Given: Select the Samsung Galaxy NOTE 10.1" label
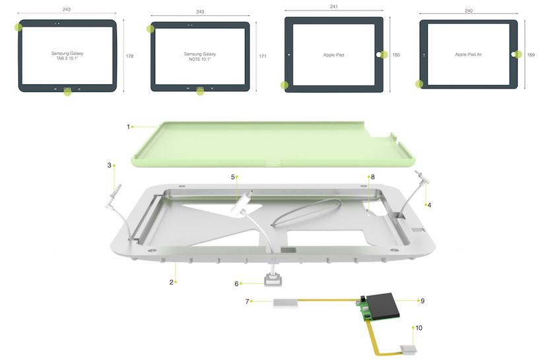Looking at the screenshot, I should pyautogui.click(x=200, y=57).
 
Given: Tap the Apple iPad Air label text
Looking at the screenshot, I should pyautogui.click(x=468, y=55).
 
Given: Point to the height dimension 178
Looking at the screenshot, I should pyautogui.click(x=129, y=56).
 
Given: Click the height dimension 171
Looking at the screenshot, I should pyautogui.click(x=262, y=56).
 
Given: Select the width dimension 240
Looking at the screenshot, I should pyautogui.click(x=469, y=11).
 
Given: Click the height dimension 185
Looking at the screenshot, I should pyautogui.click(x=396, y=55).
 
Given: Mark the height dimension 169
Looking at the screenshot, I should pyautogui.click(x=531, y=55).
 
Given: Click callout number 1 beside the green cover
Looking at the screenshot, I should pyautogui.click(x=128, y=126).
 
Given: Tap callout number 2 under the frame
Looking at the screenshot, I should pyautogui.click(x=172, y=282).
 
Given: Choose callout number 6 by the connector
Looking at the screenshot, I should pyautogui.click(x=237, y=284).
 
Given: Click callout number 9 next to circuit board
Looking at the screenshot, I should pyautogui.click(x=422, y=301).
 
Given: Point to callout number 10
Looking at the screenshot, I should pyautogui.click(x=418, y=327).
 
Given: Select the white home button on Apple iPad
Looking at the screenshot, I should pyautogui.click(x=378, y=55).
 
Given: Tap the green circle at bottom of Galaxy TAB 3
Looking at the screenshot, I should pyautogui.click(x=67, y=92).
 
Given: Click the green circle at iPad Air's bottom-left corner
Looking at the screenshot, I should pyautogui.click(x=419, y=84).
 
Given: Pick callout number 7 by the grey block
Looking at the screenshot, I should pyautogui.click(x=248, y=302).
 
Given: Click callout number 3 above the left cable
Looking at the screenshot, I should pyautogui.click(x=110, y=165).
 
